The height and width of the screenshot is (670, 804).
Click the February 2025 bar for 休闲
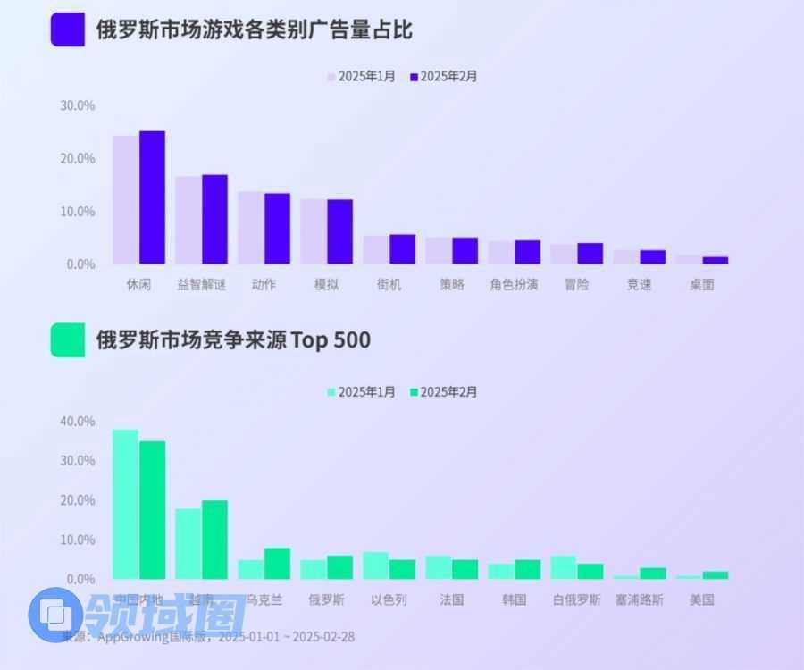(152, 197)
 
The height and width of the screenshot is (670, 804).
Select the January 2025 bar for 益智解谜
(188, 220)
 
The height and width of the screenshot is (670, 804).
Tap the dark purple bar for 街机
(402, 249)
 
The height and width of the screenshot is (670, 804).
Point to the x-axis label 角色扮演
(514, 285)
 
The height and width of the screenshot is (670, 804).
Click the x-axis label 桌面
(701, 285)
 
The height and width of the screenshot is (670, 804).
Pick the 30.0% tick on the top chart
(77, 105)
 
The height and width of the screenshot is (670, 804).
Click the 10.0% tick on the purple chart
(77, 212)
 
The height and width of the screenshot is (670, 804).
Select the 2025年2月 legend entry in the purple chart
(444, 77)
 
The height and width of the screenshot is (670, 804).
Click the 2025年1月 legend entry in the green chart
(361, 392)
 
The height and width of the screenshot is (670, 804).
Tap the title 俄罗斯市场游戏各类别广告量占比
(255, 29)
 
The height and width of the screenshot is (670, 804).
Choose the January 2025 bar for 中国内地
(125, 504)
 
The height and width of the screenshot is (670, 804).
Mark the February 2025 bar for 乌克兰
(277, 564)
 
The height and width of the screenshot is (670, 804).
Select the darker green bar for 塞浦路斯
(652, 574)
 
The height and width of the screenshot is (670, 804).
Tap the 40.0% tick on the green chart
(77, 421)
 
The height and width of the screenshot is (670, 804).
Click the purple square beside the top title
(68, 29)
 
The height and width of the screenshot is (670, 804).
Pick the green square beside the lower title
(68, 339)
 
